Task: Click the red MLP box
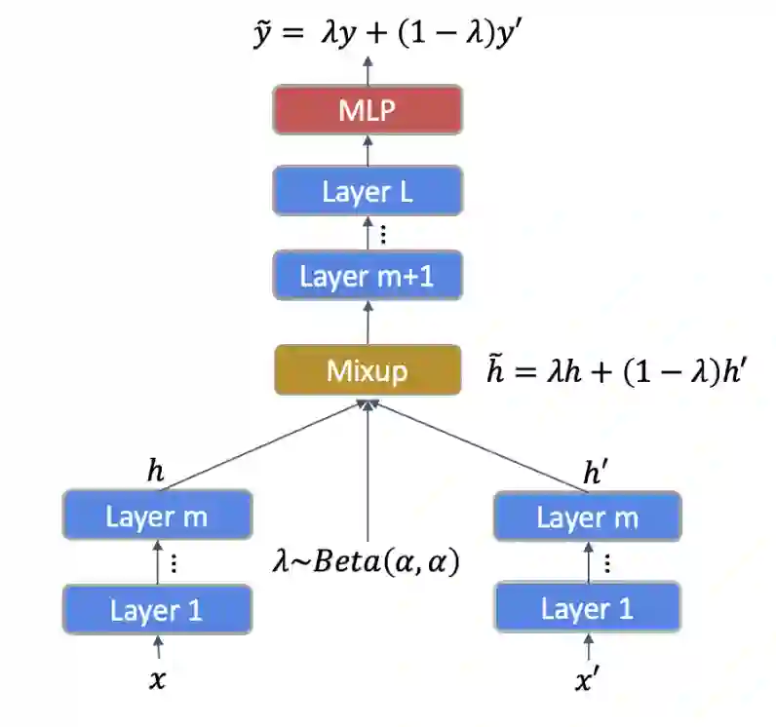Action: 368,110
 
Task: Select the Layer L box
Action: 368,191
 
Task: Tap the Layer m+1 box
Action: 368,276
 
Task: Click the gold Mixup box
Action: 368,370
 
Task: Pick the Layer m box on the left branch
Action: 157,516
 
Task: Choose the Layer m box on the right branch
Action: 588,517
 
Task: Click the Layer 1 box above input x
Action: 157,610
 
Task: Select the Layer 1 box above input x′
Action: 588,610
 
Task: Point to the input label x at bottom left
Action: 157,679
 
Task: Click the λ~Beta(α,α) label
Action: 367,562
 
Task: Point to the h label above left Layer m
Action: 156,473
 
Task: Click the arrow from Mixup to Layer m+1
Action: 368,322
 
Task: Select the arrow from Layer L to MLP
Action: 368,150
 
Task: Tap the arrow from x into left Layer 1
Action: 157,647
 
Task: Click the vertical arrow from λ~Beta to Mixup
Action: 368,468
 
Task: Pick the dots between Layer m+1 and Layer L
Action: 383,234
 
